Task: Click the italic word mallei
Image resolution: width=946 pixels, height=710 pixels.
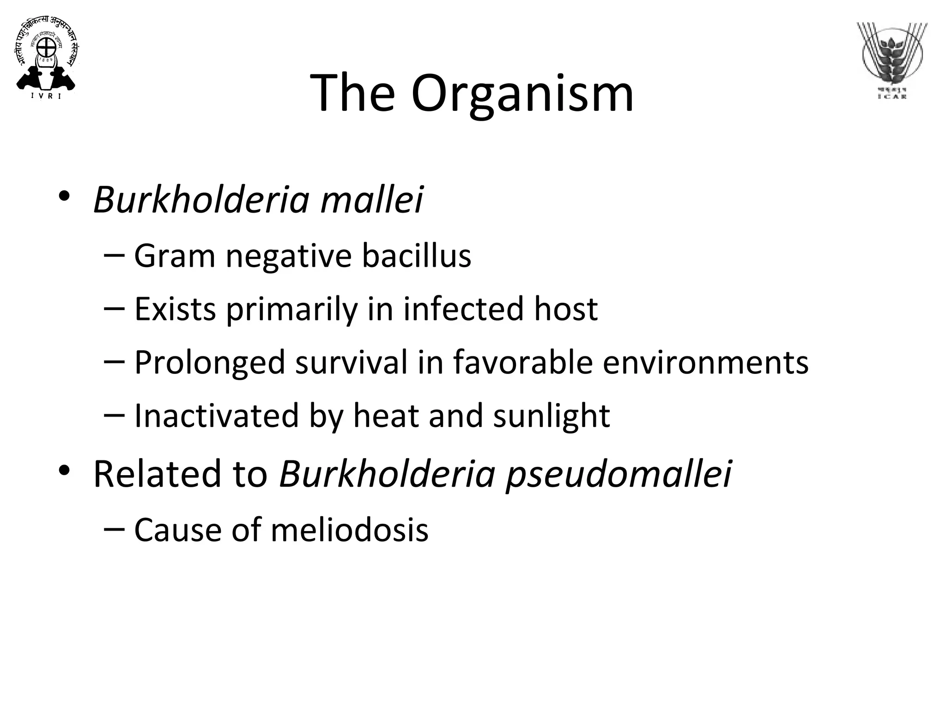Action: [372, 200]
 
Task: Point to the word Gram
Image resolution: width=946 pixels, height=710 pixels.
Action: [175, 256]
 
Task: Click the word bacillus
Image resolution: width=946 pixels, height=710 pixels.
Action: [416, 256]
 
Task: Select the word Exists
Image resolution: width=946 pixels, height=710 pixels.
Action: [175, 309]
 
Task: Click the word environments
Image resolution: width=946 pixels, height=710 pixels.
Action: [706, 362]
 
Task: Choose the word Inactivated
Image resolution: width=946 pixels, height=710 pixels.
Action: [216, 416]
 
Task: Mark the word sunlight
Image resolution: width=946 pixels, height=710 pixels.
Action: [552, 416]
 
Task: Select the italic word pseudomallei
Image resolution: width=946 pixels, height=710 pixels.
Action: [619, 475]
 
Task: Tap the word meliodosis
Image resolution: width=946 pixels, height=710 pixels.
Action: [350, 530]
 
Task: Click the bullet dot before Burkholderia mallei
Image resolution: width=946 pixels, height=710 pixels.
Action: [64, 196]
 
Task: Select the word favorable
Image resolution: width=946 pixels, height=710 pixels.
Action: [523, 362]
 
